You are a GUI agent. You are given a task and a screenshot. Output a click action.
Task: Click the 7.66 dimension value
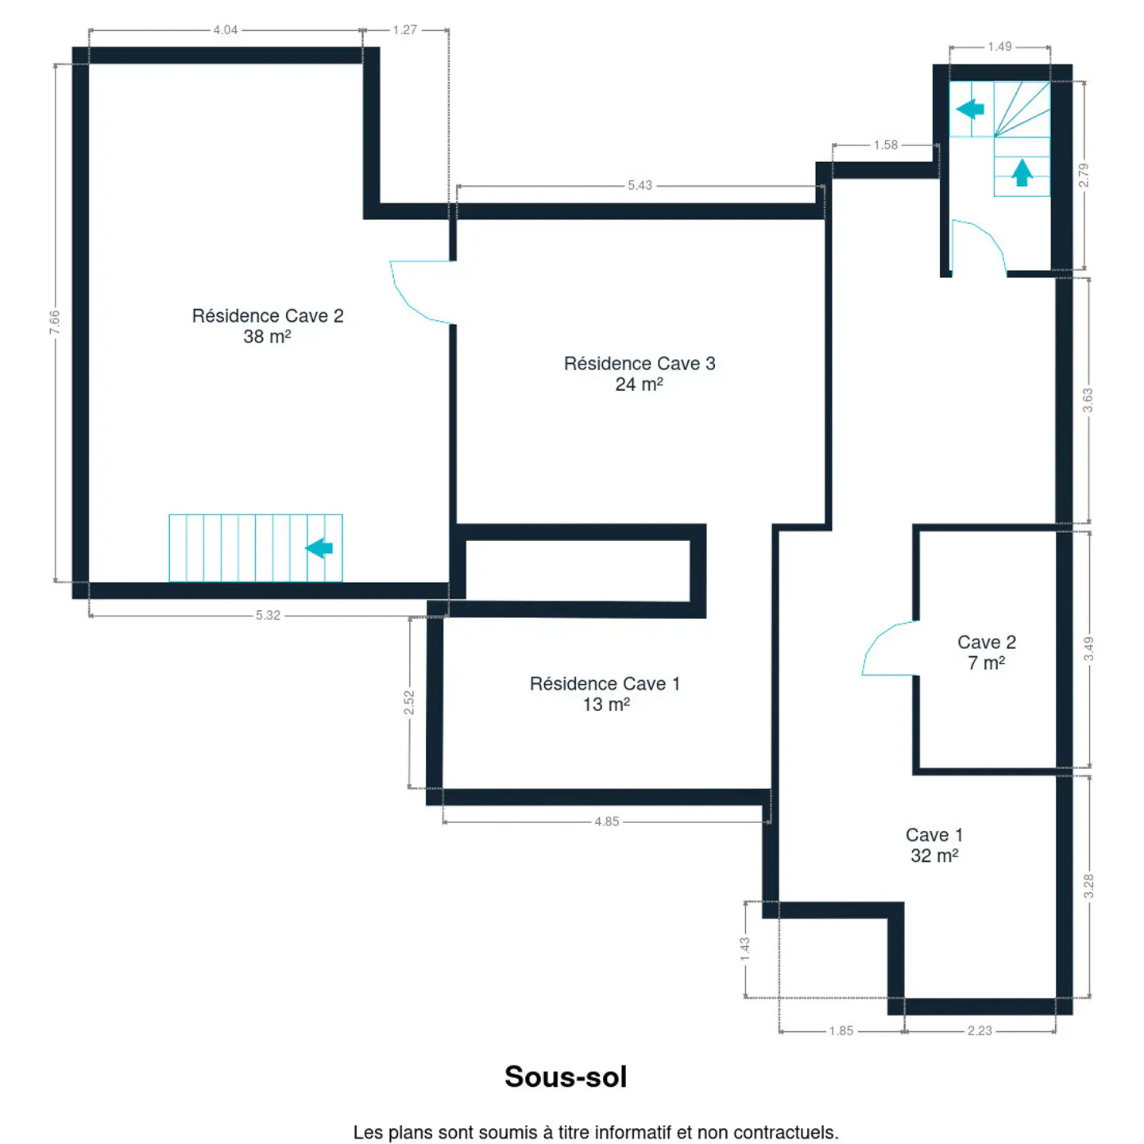coord(55,322)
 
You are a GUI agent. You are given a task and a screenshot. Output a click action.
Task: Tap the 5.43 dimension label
coord(640,185)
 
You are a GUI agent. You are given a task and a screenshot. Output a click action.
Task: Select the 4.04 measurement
coord(225,29)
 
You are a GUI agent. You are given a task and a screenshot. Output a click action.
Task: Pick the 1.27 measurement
coord(404,29)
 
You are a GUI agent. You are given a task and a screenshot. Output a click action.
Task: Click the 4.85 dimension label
coord(606,821)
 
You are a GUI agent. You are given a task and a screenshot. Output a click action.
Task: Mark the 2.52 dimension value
coord(409,702)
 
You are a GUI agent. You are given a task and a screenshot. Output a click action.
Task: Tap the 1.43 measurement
coord(744,949)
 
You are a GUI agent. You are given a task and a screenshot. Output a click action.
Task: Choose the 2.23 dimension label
coord(979,1030)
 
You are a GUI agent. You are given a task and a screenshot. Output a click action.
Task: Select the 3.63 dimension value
coord(1087,400)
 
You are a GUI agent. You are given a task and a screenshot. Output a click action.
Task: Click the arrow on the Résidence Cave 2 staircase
coord(319,547)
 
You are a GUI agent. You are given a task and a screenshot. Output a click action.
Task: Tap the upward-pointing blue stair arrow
coord(1021,172)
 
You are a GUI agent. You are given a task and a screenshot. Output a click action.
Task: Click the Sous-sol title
coord(565,1076)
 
